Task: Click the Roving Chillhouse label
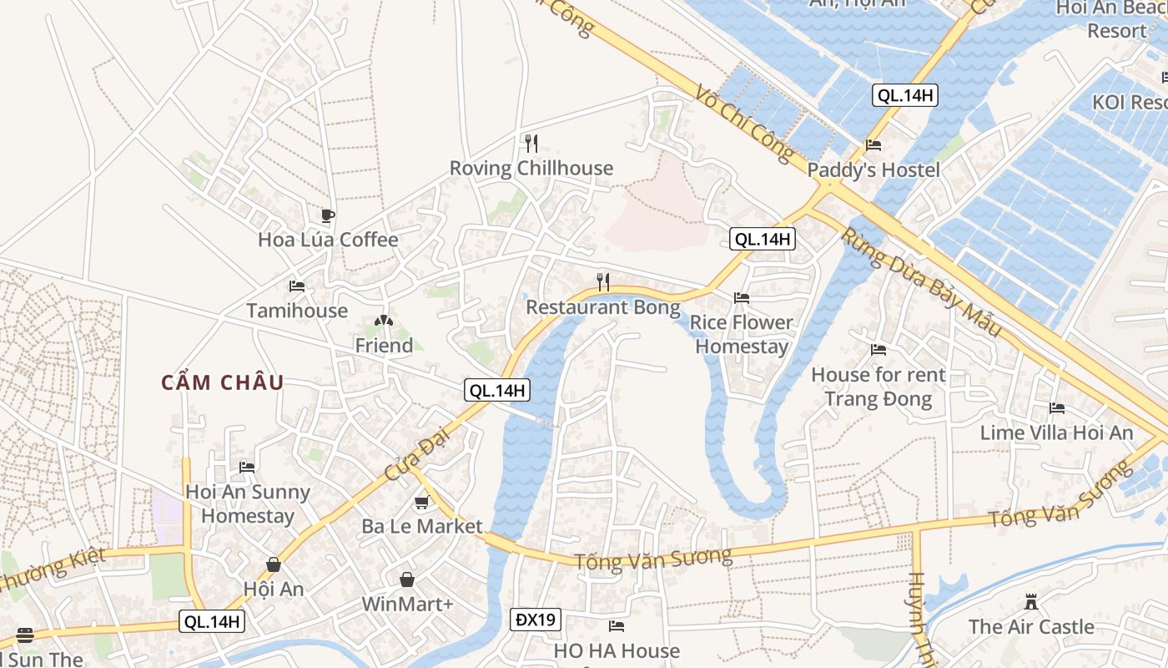[x=531, y=168]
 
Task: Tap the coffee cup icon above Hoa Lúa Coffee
[x=328, y=216]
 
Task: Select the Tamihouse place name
[x=297, y=311]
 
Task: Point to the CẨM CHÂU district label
[x=223, y=383]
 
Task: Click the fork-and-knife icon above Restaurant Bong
[x=603, y=281]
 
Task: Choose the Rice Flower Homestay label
[x=741, y=334]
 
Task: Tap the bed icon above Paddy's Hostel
[x=873, y=145]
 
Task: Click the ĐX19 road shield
[x=536, y=620]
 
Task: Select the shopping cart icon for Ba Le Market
[x=421, y=503]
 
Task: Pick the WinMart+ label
[x=407, y=604]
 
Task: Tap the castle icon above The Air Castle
[x=1031, y=601]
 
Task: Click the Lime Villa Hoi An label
[x=1056, y=433]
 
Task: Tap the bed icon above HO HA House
[x=617, y=625]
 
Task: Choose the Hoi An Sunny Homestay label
[x=248, y=504]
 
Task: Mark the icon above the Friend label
[x=383, y=321]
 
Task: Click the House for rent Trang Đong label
[x=878, y=387]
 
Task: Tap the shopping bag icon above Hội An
[x=273, y=565]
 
